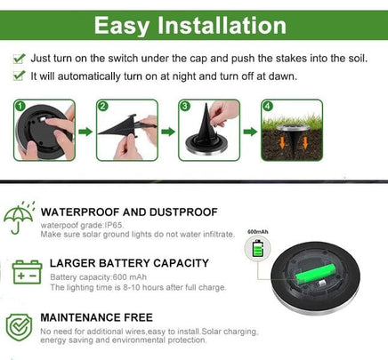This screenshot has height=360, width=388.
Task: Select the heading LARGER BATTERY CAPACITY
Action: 129,263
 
